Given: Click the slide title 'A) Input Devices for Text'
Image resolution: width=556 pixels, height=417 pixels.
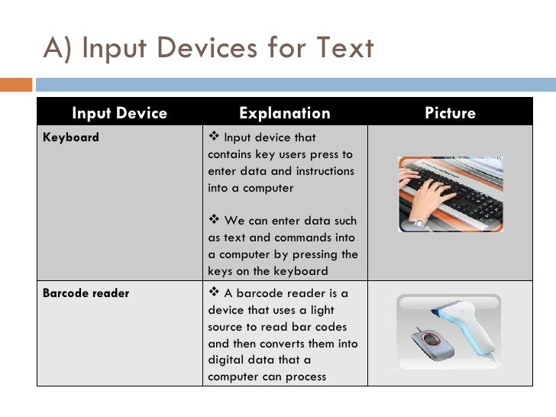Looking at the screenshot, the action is pos(208,48).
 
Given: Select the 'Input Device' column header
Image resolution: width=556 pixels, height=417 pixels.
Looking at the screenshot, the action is pos(119,113).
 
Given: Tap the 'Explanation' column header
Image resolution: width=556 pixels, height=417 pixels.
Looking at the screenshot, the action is pos(285,113).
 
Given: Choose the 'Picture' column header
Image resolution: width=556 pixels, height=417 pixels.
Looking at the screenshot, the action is pos(451,113).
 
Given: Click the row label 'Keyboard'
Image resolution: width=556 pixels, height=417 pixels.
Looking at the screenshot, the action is pos(71,137).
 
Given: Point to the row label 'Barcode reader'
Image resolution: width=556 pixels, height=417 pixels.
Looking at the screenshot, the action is pos(86,293).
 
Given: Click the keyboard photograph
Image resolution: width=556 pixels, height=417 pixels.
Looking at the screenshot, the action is pos(451,194).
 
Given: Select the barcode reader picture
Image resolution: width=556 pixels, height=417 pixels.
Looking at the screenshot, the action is pos(448,332).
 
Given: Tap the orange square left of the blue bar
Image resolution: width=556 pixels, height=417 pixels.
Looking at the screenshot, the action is pos(16,85).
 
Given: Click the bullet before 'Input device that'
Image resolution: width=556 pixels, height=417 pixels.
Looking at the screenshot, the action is pos(214,136).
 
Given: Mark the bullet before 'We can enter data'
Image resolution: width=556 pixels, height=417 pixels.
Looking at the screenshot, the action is pos(214,219).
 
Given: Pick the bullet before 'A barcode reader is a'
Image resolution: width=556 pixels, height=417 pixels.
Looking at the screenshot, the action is pos(214,292).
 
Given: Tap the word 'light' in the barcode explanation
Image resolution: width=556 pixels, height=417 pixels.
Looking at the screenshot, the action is pos(322,310).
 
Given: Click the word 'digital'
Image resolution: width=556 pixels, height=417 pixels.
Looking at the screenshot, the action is pos(227,360).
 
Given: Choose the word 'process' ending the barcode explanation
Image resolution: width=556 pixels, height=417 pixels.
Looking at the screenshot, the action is pos(305,377).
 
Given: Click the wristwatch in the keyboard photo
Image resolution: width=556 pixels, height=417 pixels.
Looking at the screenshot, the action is pos(418,223).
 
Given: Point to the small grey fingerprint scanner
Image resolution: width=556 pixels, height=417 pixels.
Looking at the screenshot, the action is pos(432,344).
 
